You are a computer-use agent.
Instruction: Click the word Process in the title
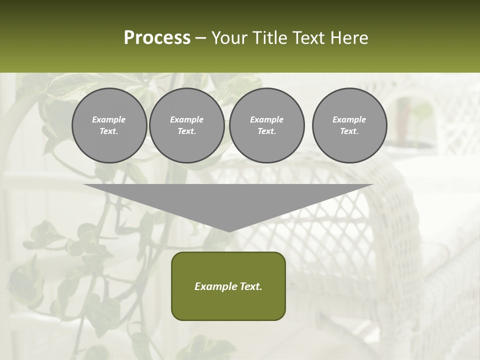click(x=157, y=38)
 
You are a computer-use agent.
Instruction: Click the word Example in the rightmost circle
click(x=349, y=119)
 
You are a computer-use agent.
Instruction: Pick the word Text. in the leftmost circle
click(x=109, y=131)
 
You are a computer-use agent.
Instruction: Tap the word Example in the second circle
click(x=186, y=119)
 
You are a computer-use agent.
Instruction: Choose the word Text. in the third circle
click(x=266, y=131)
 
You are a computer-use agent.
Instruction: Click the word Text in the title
click(x=307, y=38)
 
